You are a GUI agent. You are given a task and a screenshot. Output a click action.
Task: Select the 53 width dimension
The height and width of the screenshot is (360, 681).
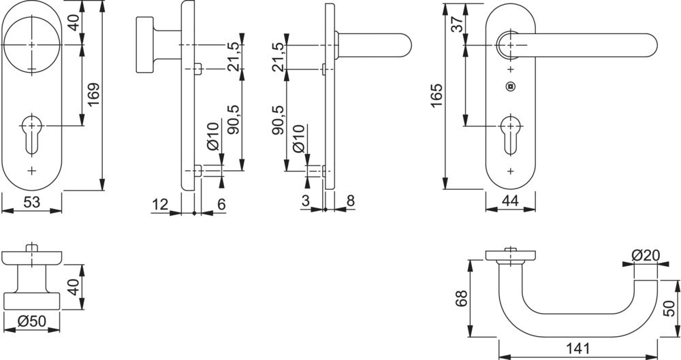[x=31, y=203]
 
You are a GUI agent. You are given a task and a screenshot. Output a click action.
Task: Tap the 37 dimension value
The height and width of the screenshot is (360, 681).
[x=458, y=23]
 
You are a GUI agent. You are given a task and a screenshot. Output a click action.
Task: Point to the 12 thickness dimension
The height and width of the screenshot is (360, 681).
[x=160, y=203]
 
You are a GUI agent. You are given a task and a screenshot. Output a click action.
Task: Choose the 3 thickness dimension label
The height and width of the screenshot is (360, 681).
[x=305, y=201]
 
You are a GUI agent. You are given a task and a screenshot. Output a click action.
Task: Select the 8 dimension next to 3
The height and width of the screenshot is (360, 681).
[x=350, y=201]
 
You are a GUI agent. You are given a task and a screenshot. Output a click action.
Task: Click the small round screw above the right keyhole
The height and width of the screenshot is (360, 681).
[x=510, y=86]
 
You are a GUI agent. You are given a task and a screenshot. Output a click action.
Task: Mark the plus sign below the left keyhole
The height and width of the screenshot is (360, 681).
[x=31, y=169]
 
